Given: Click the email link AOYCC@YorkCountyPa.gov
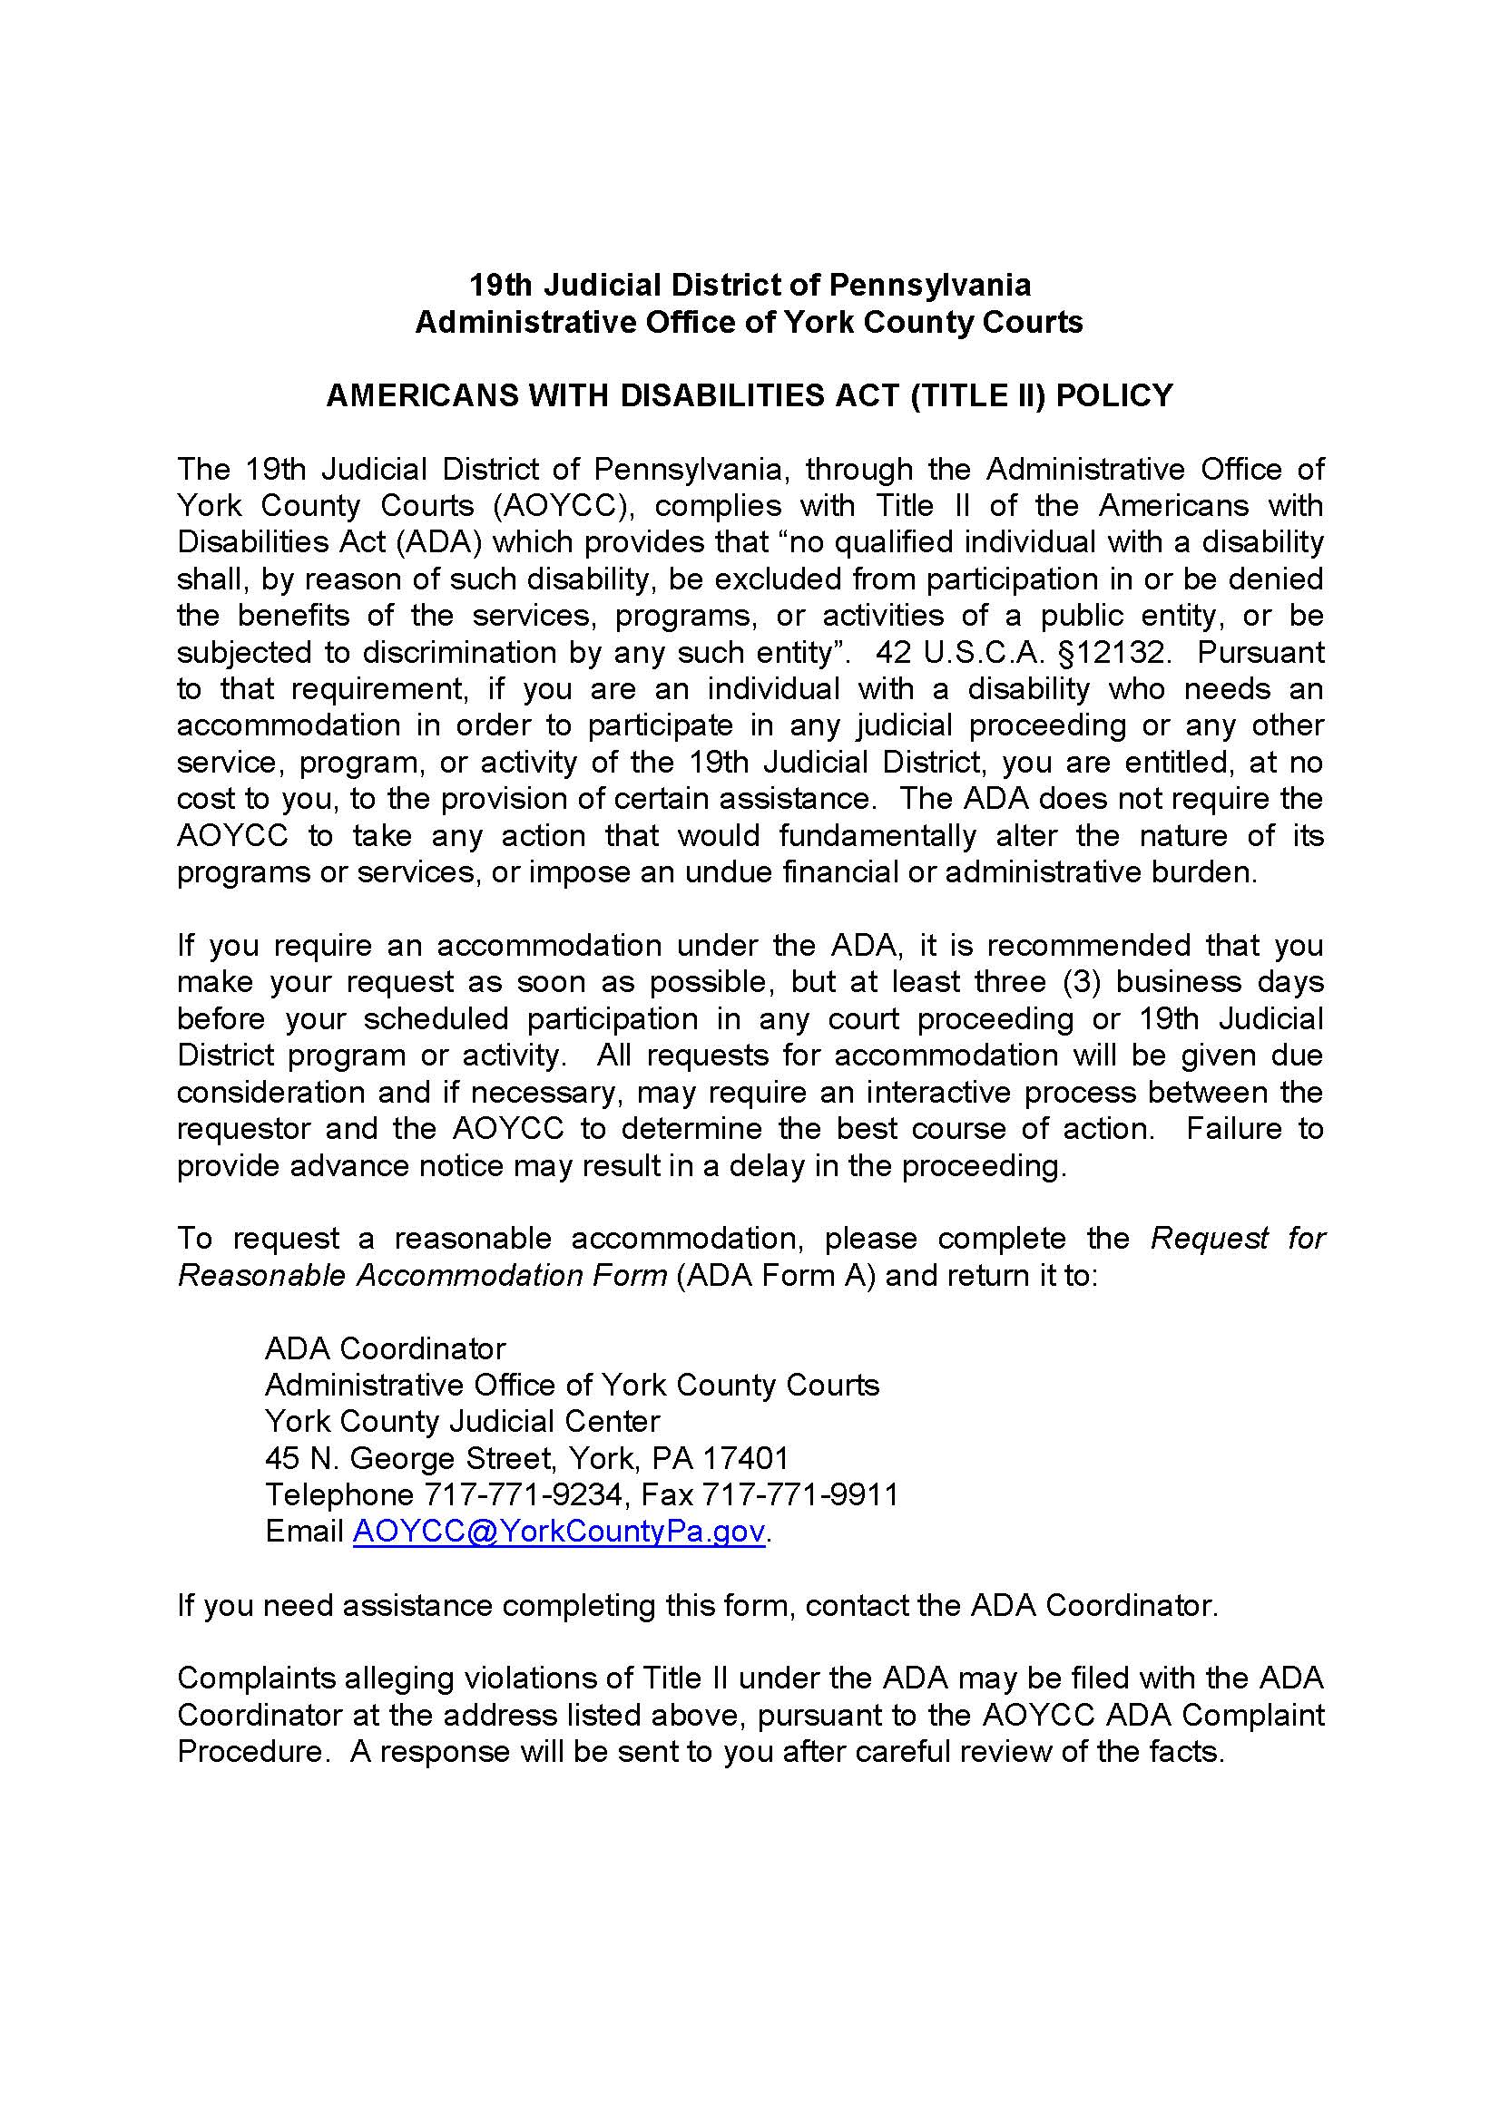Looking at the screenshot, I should (x=558, y=1532).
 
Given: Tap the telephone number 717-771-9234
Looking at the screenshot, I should (x=523, y=1494).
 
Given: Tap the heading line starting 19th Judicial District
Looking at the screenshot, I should (x=750, y=285).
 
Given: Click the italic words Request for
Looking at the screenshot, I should (x=1237, y=1238).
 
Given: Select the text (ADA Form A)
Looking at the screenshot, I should (x=776, y=1275).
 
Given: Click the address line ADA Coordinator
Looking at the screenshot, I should (x=386, y=1348).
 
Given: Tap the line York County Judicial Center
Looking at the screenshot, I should (x=462, y=1421).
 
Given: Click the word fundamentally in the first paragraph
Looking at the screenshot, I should (x=877, y=836).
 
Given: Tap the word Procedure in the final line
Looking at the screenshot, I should (x=248, y=1752).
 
